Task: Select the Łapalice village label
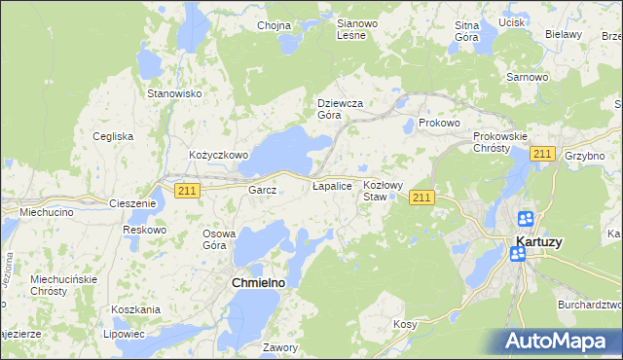(331, 185)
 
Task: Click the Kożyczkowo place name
(219, 156)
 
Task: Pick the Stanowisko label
(173, 93)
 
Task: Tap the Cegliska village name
(113, 136)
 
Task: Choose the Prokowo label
(438, 125)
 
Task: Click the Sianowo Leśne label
(350, 28)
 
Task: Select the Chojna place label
(274, 25)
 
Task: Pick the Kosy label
(406, 324)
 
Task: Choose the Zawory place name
(279, 346)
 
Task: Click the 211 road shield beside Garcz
(189, 191)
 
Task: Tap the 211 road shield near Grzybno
(543, 155)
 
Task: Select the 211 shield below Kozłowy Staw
(421, 198)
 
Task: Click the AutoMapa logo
(558, 341)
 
